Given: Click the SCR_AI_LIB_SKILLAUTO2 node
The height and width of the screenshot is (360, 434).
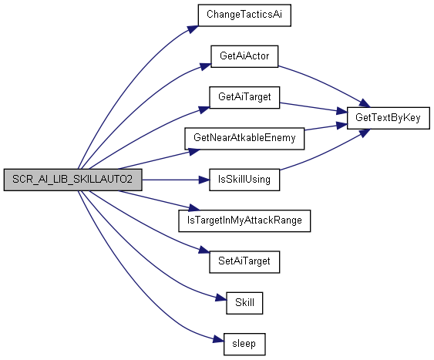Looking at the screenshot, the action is pyautogui.click(x=72, y=180).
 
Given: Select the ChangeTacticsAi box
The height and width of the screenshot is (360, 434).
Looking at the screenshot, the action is pyautogui.click(x=244, y=15).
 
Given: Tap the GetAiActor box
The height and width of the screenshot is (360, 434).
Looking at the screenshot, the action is pyautogui.click(x=244, y=56).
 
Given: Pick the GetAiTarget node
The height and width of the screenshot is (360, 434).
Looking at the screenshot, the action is pyautogui.click(x=244, y=97).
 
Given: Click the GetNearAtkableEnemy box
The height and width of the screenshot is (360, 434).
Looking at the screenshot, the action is pyautogui.click(x=244, y=139).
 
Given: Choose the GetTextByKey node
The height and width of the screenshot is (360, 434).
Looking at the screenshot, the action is pyautogui.click(x=389, y=118).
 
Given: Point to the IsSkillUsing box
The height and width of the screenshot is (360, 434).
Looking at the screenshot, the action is pyautogui.click(x=244, y=180).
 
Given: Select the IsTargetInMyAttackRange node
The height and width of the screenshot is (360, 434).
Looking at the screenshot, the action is pyautogui.click(x=244, y=220).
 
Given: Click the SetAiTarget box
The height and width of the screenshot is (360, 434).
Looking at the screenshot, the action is pyautogui.click(x=244, y=262).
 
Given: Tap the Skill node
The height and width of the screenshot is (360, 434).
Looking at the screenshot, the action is pyautogui.click(x=244, y=303).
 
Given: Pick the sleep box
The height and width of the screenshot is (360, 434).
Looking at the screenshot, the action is pyautogui.click(x=244, y=345).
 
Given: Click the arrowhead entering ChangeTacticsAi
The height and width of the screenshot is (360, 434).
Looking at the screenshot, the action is pyautogui.click(x=193, y=29).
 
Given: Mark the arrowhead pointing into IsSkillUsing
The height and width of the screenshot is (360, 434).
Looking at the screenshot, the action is pyautogui.click(x=204, y=180).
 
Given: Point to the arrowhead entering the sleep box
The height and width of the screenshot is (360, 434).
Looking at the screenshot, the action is pyautogui.click(x=219, y=339).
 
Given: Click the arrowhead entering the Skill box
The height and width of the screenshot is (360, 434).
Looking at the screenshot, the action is pyautogui.click(x=221, y=298).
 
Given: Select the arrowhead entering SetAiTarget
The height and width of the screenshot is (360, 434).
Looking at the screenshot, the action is pyautogui.click(x=204, y=250).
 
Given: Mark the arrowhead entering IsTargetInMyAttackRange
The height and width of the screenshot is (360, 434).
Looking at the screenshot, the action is pyautogui.click(x=193, y=207).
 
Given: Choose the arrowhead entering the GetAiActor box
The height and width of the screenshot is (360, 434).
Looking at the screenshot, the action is pyautogui.click(x=205, y=67).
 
